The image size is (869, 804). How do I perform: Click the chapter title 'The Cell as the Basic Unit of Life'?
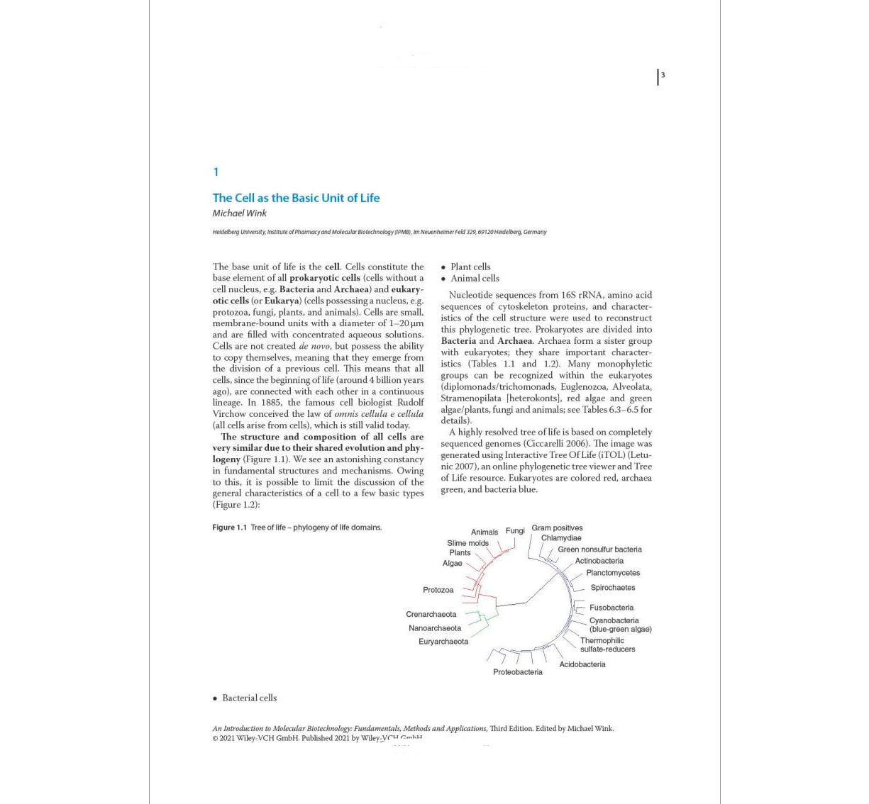296,198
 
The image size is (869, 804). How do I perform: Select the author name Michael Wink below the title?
239,213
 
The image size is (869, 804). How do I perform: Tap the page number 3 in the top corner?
663,75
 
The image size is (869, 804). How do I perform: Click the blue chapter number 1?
216,172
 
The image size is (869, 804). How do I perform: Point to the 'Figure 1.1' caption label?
229,527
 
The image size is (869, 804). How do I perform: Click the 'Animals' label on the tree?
485,532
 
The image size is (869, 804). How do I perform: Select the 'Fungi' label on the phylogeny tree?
515,530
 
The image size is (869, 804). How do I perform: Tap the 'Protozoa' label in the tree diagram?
438,590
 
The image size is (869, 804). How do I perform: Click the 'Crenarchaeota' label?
431,615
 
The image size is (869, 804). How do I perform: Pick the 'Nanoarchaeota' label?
434,628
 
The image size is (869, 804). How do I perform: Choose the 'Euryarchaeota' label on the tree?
443,642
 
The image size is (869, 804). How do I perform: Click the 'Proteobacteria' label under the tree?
517,672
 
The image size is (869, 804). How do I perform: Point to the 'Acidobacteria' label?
582,664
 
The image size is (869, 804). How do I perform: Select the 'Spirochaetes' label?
612,588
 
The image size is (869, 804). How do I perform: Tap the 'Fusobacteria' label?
611,608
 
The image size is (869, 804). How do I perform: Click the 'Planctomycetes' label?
612,573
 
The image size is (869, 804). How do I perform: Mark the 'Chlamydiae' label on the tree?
560,538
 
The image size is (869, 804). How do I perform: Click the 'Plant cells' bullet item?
470,267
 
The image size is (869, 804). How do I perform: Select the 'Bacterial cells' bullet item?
249,698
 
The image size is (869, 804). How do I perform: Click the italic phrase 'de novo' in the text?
314,346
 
